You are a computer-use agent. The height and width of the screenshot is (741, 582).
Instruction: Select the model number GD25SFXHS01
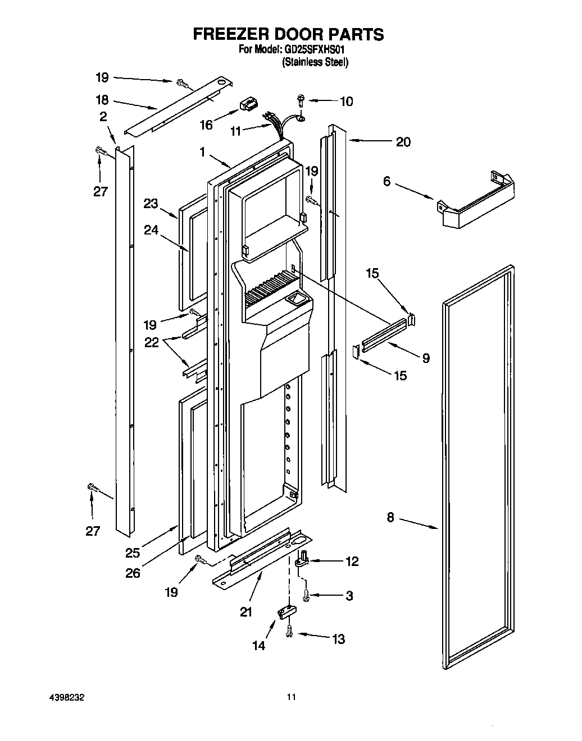pyautogui.click(x=315, y=49)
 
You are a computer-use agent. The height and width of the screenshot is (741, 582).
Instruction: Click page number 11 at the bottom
pyautogui.click(x=290, y=697)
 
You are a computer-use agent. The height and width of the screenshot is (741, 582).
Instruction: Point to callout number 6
pyautogui.click(x=387, y=182)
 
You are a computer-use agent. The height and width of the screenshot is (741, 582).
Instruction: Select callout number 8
pyautogui.click(x=390, y=518)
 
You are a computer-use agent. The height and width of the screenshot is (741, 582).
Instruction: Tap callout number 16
pyautogui.click(x=206, y=124)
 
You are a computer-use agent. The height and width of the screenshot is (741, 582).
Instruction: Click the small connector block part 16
pyautogui.click(x=247, y=104)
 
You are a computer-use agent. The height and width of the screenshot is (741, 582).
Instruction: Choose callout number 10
pyautogui.click(x=347, y=102)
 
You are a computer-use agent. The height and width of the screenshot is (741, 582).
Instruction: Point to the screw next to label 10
pyautogui.click(x=301, y=101)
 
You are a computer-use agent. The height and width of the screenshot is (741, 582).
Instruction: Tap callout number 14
pyautogui.click(x=258, y=646)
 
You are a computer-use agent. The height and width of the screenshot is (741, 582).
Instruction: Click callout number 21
pyautogui.click(x=246, y=612)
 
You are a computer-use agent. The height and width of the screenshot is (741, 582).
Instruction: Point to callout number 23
pyautogui.click(x=151, y=204)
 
